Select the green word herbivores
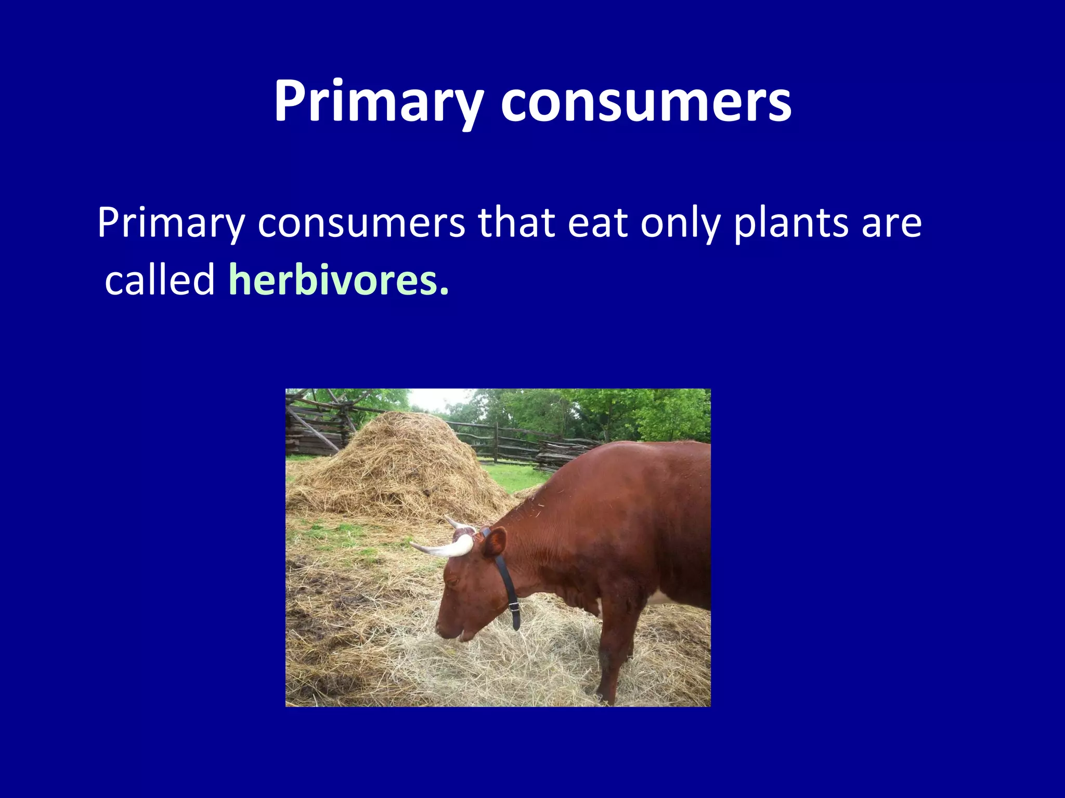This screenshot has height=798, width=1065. pos(333,280)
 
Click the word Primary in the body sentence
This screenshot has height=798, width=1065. pos(171,223)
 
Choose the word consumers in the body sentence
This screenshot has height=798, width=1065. pos(361,223)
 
